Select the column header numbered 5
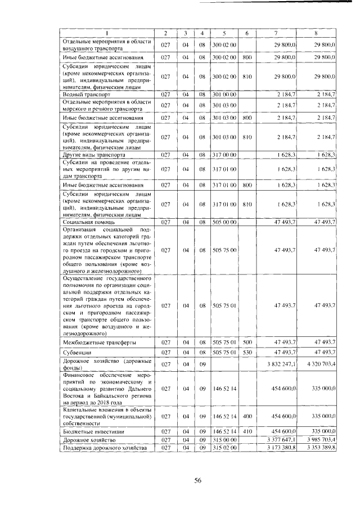click(x=224, y=33)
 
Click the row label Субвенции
click(x=78, y=352)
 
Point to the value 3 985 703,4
click(x=319, y=439)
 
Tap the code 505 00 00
click(x=224, y=223)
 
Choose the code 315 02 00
click(x=224, y=447)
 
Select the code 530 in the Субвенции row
click(x=246, y=352)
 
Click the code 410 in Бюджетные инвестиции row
click(x=246, y=430)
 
